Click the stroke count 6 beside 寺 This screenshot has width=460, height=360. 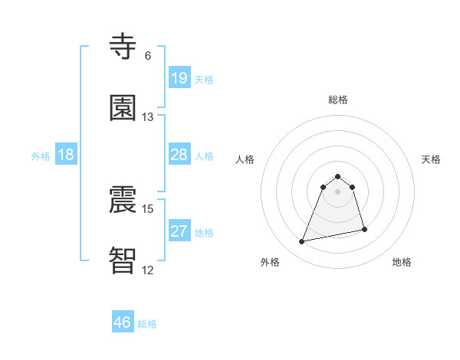pyautogui.click(x=148, y=56)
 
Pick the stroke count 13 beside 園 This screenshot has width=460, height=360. pyautogui.click(x=148, y=117)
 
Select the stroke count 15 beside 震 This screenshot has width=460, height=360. pyautogui.click(x=148, y=208)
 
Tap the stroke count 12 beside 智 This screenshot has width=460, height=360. pyautogui.click(x=148, y=270)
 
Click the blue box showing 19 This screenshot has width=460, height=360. pyautogui.click(x=179, y=78)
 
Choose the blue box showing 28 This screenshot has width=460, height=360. pyautogui.click(x=179, y=155)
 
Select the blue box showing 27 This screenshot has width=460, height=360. pyautogui.click(x=179, y=231)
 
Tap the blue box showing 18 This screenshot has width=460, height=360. pyautogui.click(x=66, y=155)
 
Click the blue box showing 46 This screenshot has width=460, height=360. pyautogui.click(x=122, y=322)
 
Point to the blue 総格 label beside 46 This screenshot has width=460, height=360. pyautogui.click(x=147, y=324)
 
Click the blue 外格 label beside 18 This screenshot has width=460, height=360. pyautogui.click(x=41, y=156)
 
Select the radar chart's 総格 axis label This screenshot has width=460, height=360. pyautogui.click(x=338, y=100)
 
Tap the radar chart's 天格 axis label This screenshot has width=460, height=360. pyautogui.click(x=432, y=159)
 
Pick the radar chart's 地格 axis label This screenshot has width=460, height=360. pyautogui.click(x=402, y=262)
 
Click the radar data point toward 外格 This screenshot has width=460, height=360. pyautogui.click(x=302, y=242)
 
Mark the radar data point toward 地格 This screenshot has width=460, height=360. pyautogui.click(x=364, y=229)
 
